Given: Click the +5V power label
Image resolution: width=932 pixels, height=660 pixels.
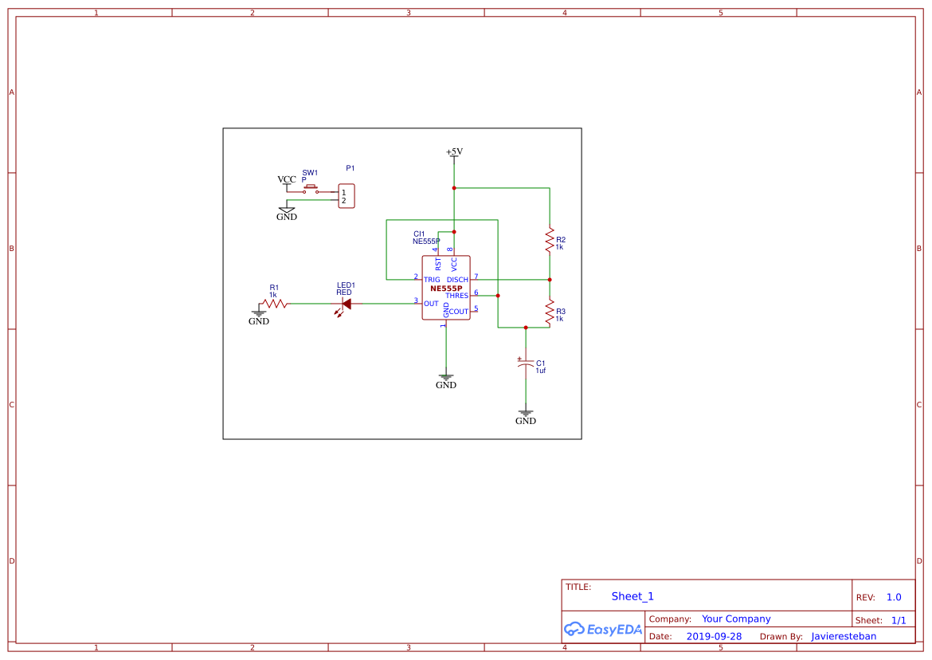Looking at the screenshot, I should pyautogui.click(x=454, y=151).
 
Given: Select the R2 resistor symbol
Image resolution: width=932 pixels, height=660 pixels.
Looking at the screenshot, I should pyautogui.click(x=550, y=239).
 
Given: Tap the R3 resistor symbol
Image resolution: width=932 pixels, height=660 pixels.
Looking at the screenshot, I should pyautogui.click(x=550, y=312).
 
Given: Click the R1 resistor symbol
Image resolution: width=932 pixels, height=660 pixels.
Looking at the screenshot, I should pyautogui.click(x=275, y=304).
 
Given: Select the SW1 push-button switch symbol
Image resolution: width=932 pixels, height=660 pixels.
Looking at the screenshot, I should pyautogui.click(x=311, y=191).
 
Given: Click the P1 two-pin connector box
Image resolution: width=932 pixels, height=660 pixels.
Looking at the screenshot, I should pyautogui.click(x=346, y=196).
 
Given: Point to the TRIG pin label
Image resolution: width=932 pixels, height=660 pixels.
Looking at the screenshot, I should pyautogui.click(x=432, y=280).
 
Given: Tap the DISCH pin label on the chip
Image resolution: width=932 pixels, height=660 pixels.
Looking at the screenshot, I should pyautogui.click(x=457, y=280).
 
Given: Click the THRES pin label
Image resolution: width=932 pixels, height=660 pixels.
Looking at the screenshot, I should pyautogui.click(x=456, y=296).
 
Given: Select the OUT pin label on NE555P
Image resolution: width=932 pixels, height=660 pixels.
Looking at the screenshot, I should pyautogui.click(x=431, y=304).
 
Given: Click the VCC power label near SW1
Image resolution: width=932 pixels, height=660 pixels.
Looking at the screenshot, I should pyautogui.click(x=287, y=180).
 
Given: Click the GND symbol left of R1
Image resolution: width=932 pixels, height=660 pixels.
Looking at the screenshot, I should pyautogui.click(x=259, y=317).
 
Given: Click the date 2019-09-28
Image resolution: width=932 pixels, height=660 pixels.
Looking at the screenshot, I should pyautogui.click(x=714, y=636).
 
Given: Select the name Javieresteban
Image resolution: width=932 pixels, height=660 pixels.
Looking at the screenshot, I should pyautogui.click(x=844, y=636).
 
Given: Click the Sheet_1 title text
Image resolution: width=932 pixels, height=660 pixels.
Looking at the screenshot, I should pyautogui.click(x=632, y=596).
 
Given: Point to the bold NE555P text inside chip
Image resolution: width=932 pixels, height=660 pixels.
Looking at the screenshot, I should pyautogui.click(x=446, y=288).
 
